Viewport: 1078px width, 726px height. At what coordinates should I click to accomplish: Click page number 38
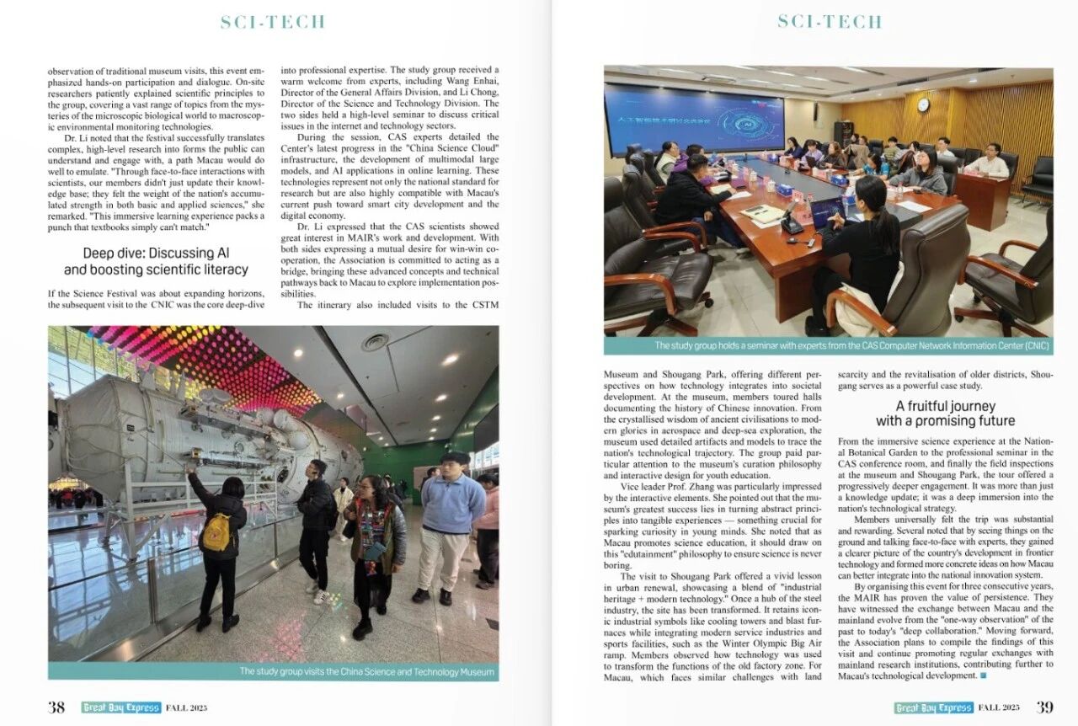[56, 707]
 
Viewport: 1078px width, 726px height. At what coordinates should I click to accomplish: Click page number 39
[1044, 707]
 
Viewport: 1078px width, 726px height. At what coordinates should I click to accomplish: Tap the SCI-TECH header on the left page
[273, 23]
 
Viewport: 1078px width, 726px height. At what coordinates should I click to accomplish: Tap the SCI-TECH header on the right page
[830, 22]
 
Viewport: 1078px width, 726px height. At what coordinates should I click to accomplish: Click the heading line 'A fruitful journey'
[945, 406]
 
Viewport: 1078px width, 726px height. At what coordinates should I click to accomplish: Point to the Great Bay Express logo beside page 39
[933, 707]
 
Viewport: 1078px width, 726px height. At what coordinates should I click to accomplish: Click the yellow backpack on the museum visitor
[216, 531]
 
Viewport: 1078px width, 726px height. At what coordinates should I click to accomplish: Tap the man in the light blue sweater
[453, 514]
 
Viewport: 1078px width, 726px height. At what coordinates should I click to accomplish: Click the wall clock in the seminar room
[922, 104]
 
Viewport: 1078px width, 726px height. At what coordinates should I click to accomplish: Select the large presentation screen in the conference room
[694, 118]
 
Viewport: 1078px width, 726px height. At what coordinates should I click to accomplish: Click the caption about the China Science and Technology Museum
[368, 671]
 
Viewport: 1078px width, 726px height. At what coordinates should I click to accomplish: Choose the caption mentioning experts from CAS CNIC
[851, 345]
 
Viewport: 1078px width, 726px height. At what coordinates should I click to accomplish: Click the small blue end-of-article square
[983, 675]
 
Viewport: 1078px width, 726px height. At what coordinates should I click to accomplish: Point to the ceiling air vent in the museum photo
[376, 342]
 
